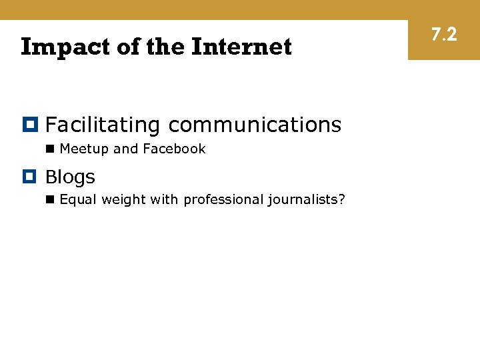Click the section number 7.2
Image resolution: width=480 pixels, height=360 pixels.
point(444,34)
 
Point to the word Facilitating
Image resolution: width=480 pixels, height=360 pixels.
point(103,125)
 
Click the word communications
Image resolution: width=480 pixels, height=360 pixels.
point(255,125)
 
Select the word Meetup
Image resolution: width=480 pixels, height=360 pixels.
point(84,149)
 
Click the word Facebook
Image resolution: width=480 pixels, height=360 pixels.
point(174,149)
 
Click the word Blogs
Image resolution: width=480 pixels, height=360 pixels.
point(70,177)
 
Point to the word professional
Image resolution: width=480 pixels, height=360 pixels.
point(223,200)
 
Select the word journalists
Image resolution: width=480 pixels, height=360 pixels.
point(304,200)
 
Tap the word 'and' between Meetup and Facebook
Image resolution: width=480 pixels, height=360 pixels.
point(125,149)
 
